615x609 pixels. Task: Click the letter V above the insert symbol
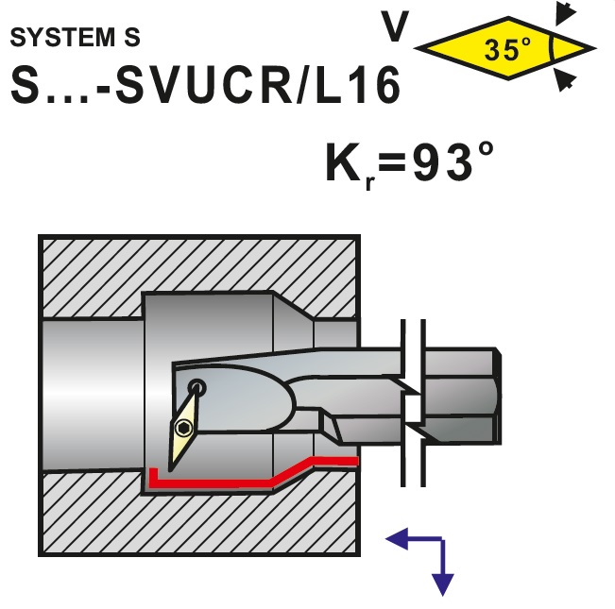(x=396, y=25)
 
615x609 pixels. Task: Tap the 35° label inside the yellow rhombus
(x=507, y=49)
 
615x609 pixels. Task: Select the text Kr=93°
(x=410, y=163)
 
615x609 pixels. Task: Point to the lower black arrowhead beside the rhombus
(x=565, y=80)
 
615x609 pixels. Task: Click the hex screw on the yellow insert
(x=182, y=428)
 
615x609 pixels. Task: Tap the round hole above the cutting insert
(x=196, y=387)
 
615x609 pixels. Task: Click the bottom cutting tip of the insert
(x=170, y=470)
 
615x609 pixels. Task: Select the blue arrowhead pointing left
(x=397, y=539)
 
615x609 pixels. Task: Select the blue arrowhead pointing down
(x=443, y=584)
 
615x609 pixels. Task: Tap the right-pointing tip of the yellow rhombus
(x=595, y=49)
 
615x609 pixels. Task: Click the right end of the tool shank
(x=500, y=396)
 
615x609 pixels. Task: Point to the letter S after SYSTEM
(x=132, y=38)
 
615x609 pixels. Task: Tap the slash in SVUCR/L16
(x=302, y=85)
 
